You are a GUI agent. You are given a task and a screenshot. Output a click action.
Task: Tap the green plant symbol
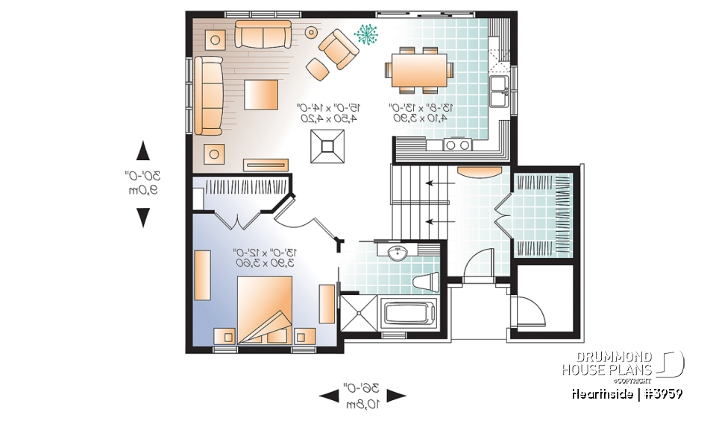(366, 34)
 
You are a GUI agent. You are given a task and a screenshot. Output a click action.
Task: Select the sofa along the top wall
(263, 34)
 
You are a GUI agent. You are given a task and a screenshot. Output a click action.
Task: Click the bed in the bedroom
(264, 308)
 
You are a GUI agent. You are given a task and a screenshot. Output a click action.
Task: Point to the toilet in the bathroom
(427, 282)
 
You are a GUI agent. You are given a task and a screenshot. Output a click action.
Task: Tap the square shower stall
(358, 312)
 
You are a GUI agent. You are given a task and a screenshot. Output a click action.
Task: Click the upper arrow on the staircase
(431, 183)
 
